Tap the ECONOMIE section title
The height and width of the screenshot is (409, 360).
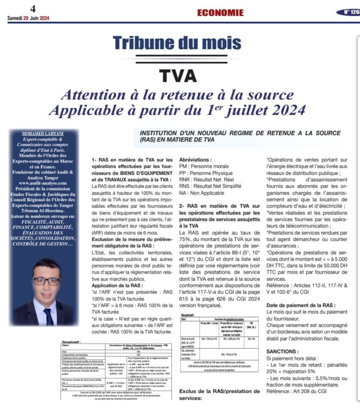click(x=220, y=13)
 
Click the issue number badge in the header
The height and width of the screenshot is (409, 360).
click(x=349, y=12)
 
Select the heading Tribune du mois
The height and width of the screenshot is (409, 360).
click(x=177, y=43)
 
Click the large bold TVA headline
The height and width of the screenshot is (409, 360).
click(x=178, y=75)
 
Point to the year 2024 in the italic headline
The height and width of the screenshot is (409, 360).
click(x=279, y=110)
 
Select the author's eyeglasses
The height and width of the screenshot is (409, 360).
click(x=46, y=280)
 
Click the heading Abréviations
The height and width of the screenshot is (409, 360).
click(x=195, y=160)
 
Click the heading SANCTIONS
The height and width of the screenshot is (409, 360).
click(x=283, y=351)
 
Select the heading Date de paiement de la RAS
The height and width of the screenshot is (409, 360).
click(x=301, y=305)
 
